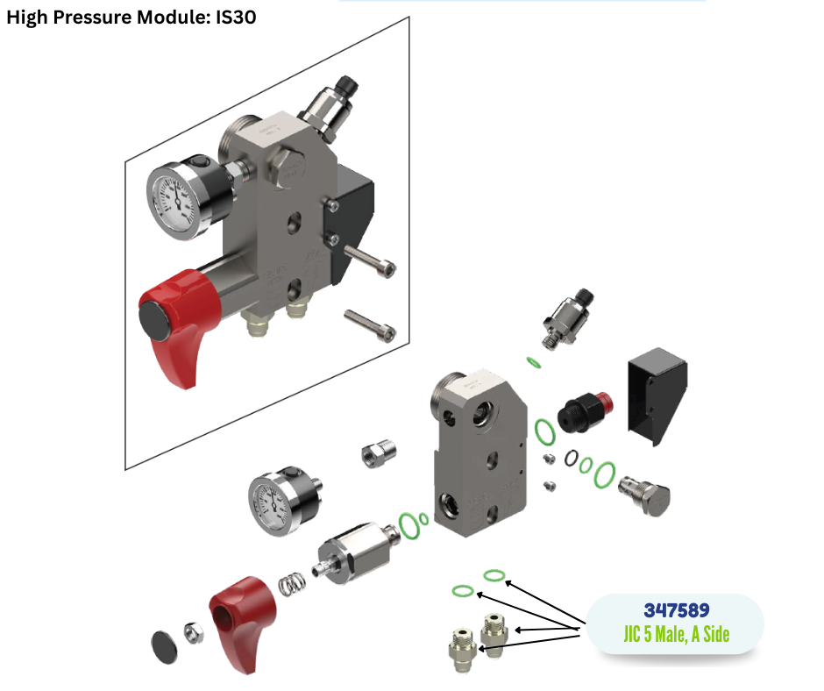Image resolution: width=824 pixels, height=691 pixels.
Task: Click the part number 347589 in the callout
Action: click(677, 610)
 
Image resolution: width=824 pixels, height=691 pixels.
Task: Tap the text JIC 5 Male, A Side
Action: click(677, 634)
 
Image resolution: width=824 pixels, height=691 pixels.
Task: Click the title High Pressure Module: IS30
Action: click(131, 17)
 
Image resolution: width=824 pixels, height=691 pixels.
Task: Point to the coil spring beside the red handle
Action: click(292, 583)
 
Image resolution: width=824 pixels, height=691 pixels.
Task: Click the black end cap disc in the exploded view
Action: click(164, 646)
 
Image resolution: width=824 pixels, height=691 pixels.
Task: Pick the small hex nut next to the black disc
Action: click(194, 631)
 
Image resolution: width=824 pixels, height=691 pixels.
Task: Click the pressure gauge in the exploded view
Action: click(284, 500)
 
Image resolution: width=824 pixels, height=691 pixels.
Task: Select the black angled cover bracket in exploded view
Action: click(657, 395)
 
